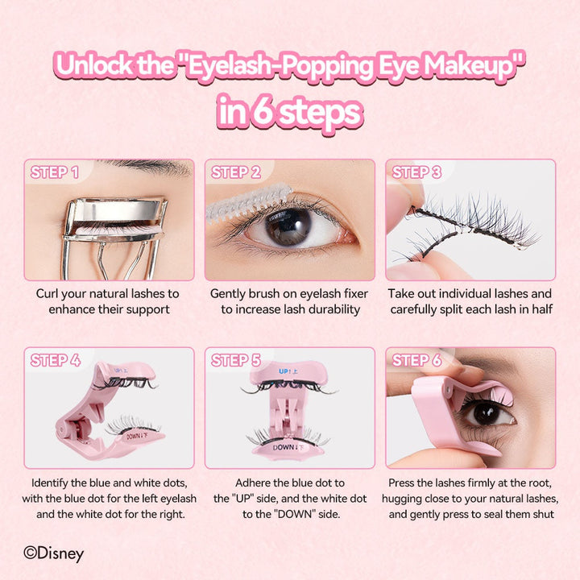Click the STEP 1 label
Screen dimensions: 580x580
[55, 172]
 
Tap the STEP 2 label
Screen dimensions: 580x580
[235, 172]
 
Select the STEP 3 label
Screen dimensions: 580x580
[416, 172]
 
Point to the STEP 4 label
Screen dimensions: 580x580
[55, 360]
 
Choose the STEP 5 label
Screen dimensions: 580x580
[235, 360]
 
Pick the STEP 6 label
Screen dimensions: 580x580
[416, 360]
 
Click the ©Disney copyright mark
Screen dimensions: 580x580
[54, 553]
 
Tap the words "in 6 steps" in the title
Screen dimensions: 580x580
[290, 112]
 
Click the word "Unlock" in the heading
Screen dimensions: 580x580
[94, 65]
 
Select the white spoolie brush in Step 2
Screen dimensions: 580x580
[249, 204]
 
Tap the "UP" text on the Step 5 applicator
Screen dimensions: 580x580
[284, 371]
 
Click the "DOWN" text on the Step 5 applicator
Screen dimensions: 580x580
[284, 448]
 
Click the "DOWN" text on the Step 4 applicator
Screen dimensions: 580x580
[135, 437]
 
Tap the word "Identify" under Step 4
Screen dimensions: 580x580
[50, 483]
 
